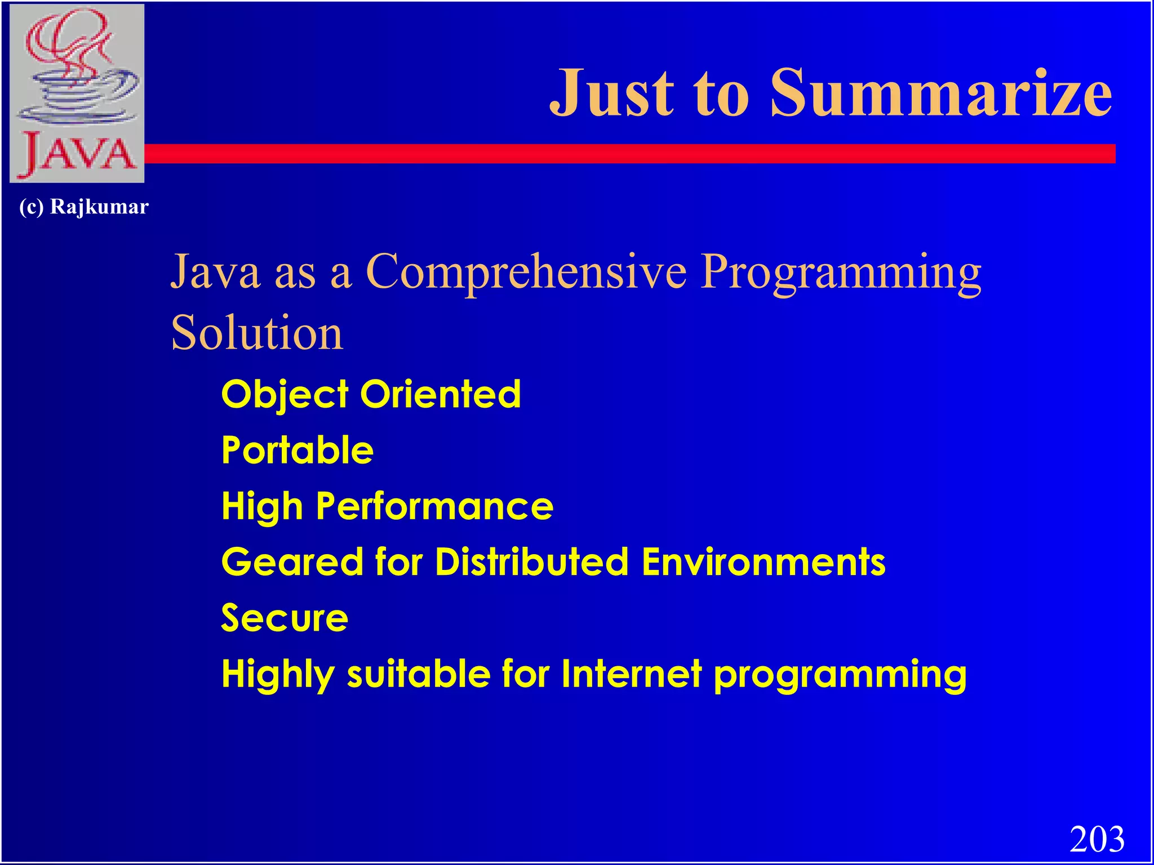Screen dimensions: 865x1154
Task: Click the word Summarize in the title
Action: coord(940,93)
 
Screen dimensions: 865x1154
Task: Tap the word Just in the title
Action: coord(612,93)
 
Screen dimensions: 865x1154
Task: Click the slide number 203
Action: coord(1097,839)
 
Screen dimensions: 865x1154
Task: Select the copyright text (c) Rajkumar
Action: coord(83,207)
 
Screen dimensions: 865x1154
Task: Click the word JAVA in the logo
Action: coord(78,154)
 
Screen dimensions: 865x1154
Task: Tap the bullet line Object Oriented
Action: coord(371,394)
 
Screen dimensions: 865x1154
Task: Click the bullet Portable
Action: coord(297,451)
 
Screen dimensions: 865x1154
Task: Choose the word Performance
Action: coord(434,506)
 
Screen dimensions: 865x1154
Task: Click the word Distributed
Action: coord(531,562)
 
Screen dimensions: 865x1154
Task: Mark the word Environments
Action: coord(763,562)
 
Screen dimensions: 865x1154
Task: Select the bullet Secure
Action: coord(285,618)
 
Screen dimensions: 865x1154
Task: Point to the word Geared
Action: coord(292,563)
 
